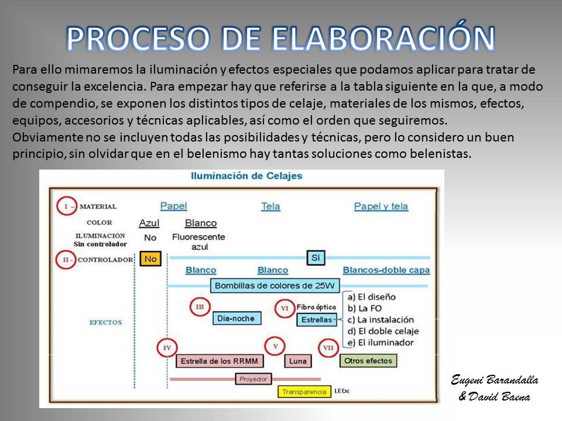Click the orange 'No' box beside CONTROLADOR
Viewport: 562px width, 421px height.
150,258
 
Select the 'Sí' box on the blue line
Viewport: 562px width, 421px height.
316,258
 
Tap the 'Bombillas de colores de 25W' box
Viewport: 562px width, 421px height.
275,286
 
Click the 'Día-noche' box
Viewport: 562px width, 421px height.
237,318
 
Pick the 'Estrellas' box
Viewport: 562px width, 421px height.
317,320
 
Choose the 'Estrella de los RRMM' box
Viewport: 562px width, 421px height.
220,361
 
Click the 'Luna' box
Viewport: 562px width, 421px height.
298,361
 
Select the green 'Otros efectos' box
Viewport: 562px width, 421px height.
368,361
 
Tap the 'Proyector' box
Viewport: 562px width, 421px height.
253,379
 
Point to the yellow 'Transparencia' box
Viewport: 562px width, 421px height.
304,392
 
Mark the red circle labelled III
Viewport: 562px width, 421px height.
200,307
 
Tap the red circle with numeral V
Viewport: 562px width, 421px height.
275,346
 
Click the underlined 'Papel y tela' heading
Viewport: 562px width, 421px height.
381,206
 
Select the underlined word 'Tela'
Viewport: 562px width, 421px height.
270,206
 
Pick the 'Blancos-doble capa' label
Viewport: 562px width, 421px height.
386,270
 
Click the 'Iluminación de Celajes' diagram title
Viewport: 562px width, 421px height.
246,176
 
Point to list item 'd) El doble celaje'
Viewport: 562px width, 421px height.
383,331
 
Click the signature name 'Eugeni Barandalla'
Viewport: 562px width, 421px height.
495,380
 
